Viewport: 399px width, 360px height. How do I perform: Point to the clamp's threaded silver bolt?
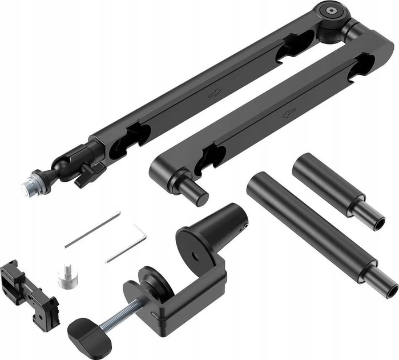click(120, 313)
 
